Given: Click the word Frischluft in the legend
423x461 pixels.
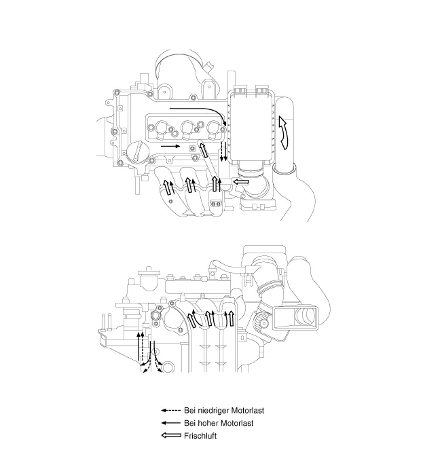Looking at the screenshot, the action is click(200, 436).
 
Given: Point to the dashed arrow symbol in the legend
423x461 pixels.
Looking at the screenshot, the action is click(171, 411).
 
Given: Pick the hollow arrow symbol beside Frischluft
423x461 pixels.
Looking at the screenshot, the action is click(171, 435).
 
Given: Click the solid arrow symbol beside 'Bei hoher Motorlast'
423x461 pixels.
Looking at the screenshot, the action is click(171, 423).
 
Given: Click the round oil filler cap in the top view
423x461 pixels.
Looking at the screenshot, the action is click(137, 152).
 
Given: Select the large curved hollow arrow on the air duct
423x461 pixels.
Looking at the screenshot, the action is click(284, 132).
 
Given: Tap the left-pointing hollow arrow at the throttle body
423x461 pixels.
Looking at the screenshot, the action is click(241, 183).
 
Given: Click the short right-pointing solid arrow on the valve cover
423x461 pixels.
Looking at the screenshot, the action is click(170, 146).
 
